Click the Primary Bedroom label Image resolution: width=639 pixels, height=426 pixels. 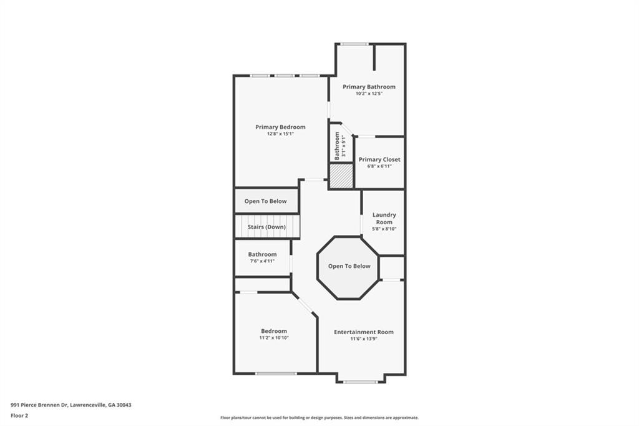280,127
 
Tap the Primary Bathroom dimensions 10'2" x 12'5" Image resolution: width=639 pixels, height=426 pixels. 368,94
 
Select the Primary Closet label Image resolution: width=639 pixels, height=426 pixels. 379,159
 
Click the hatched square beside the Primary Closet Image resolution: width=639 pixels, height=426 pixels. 341,176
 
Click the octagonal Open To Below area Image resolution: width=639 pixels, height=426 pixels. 349,267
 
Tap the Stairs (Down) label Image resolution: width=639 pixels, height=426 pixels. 266,227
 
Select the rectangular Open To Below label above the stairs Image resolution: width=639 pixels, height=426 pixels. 265,201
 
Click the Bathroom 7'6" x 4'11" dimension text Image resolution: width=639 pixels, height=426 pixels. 261,261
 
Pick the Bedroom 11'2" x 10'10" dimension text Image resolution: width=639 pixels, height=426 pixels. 274,338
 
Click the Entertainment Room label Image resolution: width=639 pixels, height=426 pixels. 363,332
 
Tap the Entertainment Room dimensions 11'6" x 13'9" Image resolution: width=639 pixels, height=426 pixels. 363,339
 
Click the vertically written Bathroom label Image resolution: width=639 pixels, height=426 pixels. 337,146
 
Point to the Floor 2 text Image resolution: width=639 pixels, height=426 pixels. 19,415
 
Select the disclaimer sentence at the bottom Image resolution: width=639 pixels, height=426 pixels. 319,418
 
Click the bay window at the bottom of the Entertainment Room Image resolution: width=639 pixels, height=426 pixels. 360,381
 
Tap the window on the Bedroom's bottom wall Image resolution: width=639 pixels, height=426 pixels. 276,374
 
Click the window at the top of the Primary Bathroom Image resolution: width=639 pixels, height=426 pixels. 354,44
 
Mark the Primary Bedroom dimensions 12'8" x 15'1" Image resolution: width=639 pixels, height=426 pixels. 280,134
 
